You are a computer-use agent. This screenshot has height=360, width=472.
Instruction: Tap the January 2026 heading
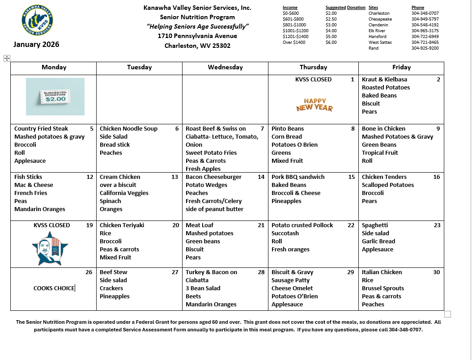[36, 44]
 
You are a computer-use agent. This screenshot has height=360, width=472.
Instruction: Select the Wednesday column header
[225, 67]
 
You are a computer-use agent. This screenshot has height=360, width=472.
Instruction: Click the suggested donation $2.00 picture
[55, 97]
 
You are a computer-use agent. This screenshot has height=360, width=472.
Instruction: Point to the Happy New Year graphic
[315, 105]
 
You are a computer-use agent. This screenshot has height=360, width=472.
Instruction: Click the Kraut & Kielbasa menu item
[384, 79]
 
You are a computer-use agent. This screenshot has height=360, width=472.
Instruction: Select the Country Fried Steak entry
[41, 128]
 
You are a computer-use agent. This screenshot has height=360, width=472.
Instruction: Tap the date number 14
[261, 177]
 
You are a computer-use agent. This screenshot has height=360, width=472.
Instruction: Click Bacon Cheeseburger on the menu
[213, 177]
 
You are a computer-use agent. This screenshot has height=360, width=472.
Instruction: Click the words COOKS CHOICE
[54, 288]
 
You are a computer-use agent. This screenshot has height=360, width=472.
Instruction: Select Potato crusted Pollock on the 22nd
[302, 225]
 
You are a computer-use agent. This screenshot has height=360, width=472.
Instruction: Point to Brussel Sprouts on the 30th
[383, 288]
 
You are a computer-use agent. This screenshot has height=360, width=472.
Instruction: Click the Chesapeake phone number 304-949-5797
[425, 19]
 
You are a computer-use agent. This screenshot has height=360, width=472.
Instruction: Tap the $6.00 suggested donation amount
[331, 42]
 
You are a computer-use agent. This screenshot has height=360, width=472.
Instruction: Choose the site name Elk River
[377, 31]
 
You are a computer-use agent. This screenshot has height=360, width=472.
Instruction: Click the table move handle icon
[6, 58]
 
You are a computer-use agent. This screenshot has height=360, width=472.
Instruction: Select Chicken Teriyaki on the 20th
[122, 225]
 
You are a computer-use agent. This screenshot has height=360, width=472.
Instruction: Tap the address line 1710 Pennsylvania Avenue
[197, 36]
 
